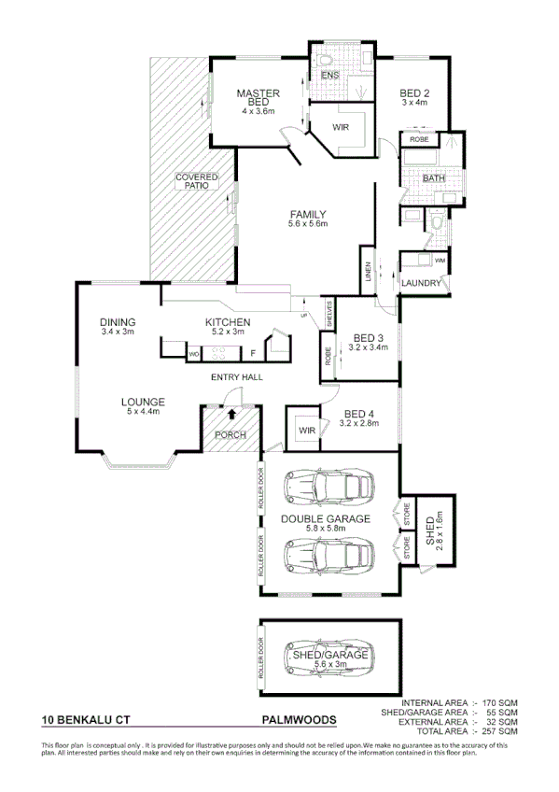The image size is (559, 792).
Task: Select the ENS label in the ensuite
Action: pos(329,75)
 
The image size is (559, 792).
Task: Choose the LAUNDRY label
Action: pos(421,282)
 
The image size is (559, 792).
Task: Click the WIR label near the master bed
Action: pos(341,127)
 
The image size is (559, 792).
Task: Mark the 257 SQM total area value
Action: pos(498,731)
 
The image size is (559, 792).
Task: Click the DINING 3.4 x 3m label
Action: pos(119,327)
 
